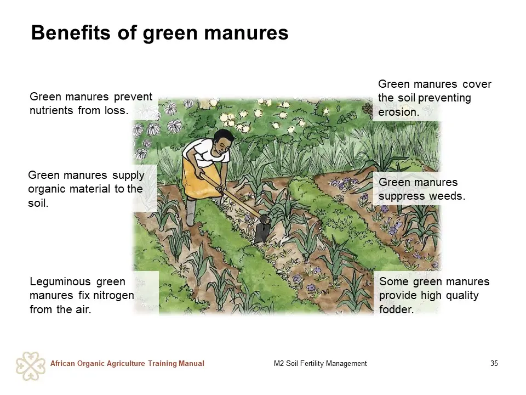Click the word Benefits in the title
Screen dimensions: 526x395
click(71, 32)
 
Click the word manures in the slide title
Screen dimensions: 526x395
click(246, 33)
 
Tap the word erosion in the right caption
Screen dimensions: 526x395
click(398, 112)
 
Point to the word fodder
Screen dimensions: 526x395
click(396, 309)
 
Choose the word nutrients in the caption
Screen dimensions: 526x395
click(52, 110)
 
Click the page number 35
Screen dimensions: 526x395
click(494, 363)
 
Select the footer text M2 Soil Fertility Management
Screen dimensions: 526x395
click(321, 363)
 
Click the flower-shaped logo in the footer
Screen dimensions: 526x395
click(31, 366)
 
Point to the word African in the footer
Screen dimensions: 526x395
click(62, 363)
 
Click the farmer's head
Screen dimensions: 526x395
click(223, 142)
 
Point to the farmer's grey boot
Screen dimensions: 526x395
click(190, 213)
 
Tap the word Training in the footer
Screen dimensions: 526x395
click(162, 364)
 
